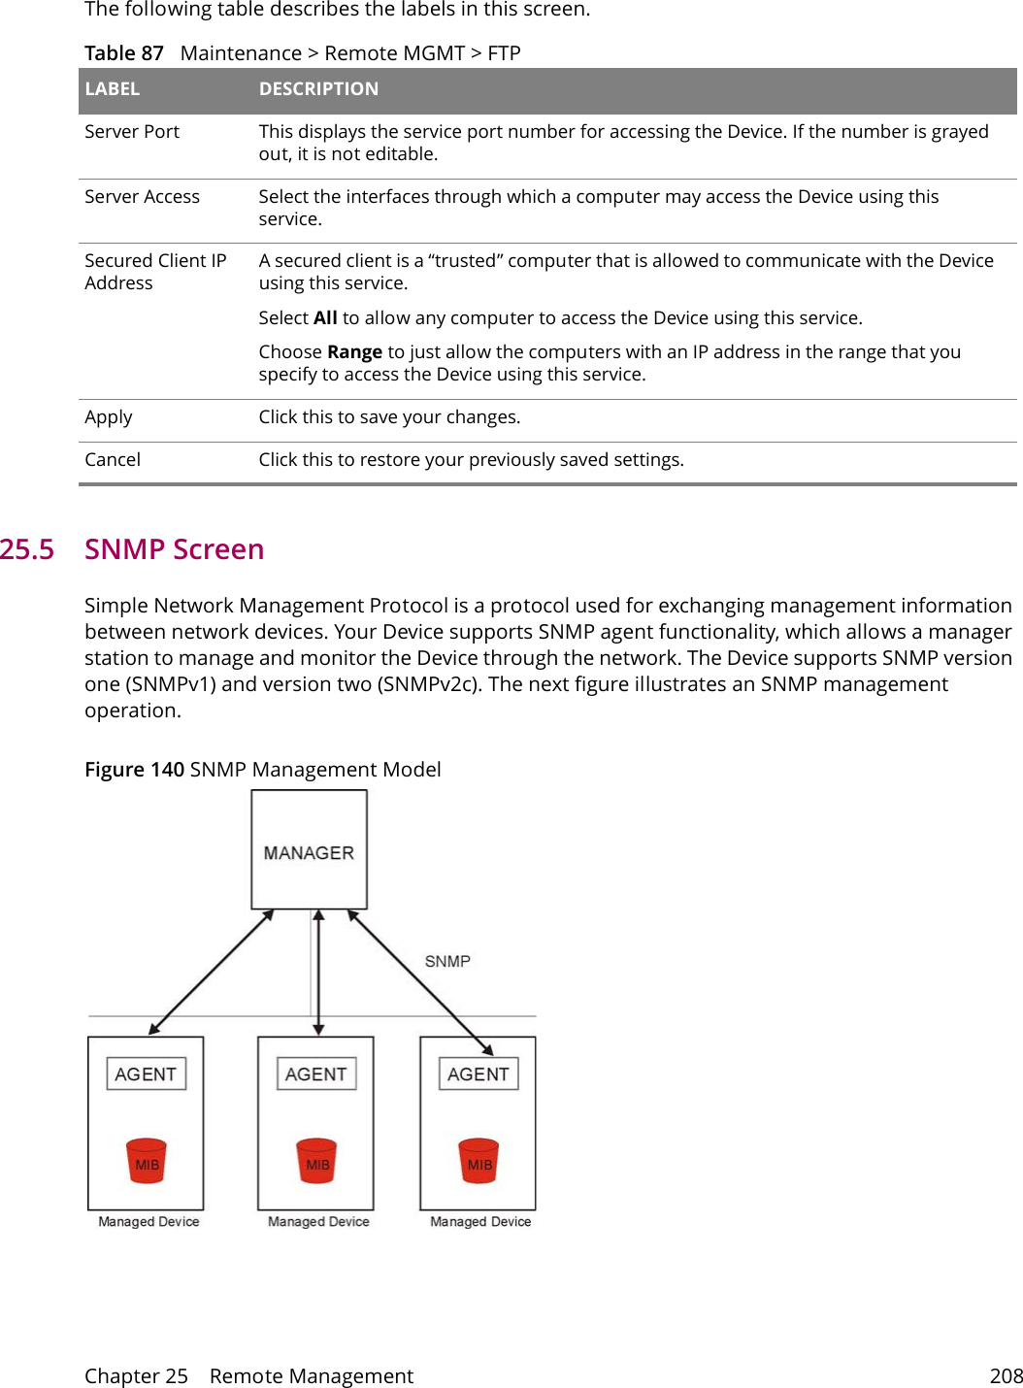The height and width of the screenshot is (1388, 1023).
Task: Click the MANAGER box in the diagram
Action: click(309, 850)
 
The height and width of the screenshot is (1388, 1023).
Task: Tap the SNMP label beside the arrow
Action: click(446, 961)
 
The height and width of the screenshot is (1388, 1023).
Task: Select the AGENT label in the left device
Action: click(146, 1074)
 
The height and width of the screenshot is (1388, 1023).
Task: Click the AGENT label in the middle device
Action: click(315, 1074)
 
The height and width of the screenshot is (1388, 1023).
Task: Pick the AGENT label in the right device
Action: click(478, 1074)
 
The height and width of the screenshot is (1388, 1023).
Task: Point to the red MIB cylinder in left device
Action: click(147, 1162)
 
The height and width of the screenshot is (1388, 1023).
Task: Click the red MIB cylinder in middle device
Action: click(316, 1162)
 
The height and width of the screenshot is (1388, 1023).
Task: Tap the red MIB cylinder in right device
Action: click(478, 1162)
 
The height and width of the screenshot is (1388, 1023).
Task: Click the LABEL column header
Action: click(113, 89)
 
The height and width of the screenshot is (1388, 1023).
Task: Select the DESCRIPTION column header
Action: click(318, 89)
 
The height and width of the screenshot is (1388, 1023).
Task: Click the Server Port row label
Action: click(132, 132)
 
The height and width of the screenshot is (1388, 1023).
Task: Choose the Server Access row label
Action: click(142, 197)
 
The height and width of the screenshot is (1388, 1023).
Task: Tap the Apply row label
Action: click(109, 417)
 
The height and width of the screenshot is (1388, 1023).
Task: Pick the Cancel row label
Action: click(113, 460)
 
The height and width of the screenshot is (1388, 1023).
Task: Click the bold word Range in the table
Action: click(354, 352)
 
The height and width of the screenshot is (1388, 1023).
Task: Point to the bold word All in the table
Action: click(325, 318)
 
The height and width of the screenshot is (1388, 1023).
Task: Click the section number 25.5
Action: click(27, 549)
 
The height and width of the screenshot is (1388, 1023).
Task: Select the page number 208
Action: click(1006, 1375)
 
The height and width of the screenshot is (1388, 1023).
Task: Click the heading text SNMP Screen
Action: click(175, 549)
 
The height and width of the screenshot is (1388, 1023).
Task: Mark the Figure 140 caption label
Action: click(134, 770)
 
